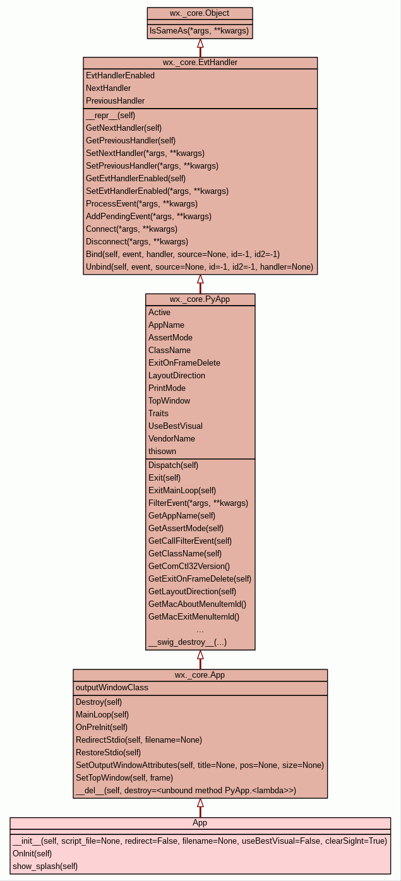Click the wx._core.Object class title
[200, 13]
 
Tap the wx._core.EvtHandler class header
[200, 63]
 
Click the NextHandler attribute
[109, 88]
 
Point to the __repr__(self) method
[111, 116]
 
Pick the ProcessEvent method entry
[141, 204]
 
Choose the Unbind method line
[200, 267]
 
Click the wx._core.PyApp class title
[200, 299]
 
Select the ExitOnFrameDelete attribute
[184, 363]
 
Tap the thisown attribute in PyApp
[162, 452]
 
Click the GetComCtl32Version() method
[189, 566]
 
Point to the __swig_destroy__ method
[188, 642]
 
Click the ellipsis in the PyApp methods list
[200, 630]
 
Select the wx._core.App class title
[200, 675]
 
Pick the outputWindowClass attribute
[112, 688]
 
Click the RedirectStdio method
[139, 740]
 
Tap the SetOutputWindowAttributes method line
[200, 765]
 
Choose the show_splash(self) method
[45, 866]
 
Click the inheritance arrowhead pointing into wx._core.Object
[200, 44]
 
